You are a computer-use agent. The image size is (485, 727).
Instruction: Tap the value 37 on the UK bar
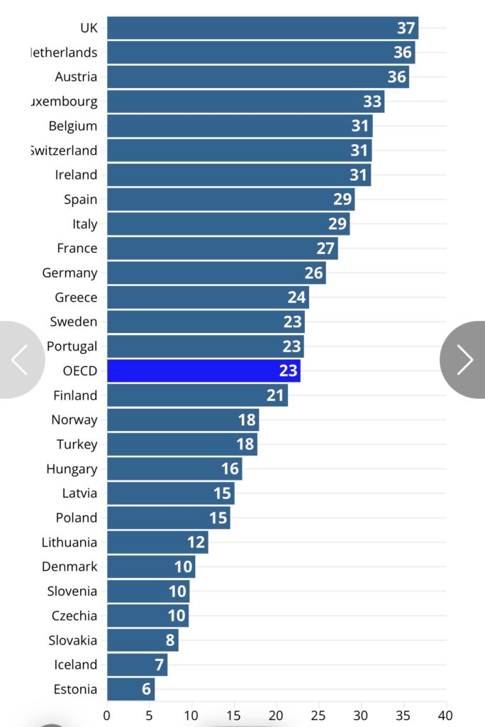point(406,28)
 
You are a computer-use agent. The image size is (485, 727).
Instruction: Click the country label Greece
point(76,297)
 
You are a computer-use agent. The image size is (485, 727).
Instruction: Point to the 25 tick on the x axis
point(319,714)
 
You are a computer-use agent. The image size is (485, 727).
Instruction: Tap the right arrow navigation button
point(464,360)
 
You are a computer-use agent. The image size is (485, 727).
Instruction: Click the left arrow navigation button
point(19,360)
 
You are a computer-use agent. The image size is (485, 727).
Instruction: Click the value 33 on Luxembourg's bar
point(372,102)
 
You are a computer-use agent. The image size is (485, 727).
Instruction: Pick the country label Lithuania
point(69,542)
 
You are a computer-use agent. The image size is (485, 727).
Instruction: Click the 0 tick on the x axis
point(107,714)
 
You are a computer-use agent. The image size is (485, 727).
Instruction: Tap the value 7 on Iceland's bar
point(160,665)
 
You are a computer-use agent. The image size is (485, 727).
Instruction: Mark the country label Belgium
point(73,126)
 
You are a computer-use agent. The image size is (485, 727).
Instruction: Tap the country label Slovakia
point(73,640)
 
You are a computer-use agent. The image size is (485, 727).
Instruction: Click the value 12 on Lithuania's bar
point(196,542)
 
